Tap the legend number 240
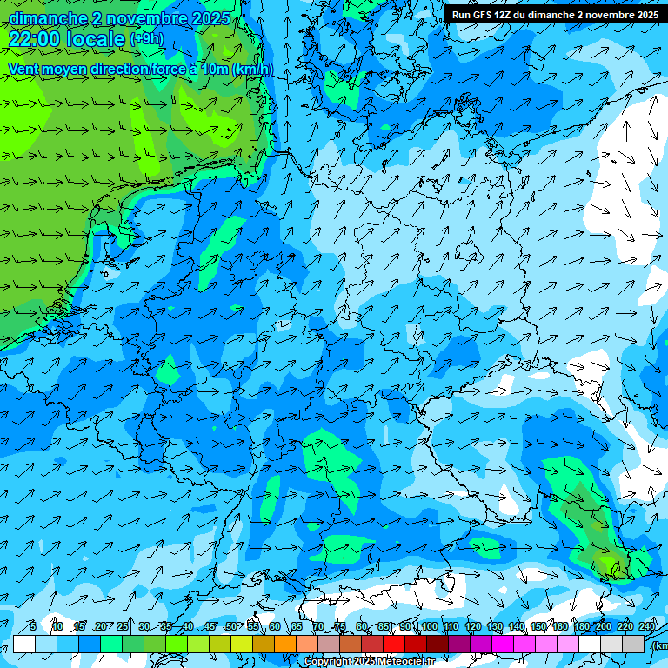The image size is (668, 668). tap(648, 626)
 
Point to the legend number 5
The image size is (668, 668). tap(32, 626)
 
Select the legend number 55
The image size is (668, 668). tap(253, 626)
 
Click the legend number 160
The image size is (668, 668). tap(560, 626)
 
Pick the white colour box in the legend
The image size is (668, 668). tap(24, 644)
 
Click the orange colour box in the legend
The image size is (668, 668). tap(285, 644)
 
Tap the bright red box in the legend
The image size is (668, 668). tap(394, 644)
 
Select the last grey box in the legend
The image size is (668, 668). tap(634, 644)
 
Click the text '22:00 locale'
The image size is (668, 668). tap(67, 38)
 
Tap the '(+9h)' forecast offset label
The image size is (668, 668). tap(145, 39)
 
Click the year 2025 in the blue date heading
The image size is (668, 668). tap(210, 18)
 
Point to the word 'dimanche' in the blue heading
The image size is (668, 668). tap(48, 18)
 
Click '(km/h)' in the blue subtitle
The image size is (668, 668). tap(251, 70)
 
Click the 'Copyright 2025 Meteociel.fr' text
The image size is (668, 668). tap(369, 662)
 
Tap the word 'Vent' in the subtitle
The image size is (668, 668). tap(23, 70)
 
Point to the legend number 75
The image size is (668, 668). tap(340, 626)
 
